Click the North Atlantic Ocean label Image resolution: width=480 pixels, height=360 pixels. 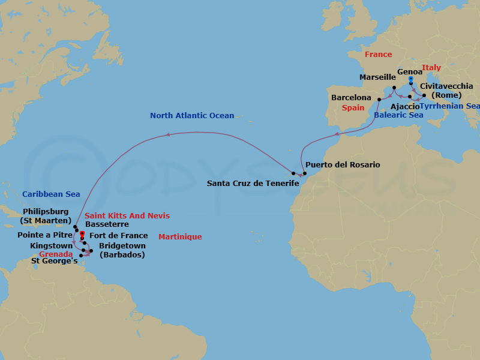[192, 116]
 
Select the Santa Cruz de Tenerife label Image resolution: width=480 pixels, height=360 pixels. [253, 183]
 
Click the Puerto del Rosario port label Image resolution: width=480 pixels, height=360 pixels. [343, 164]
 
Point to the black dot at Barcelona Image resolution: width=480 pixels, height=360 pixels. [379, 99]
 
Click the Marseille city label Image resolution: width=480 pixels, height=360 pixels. [377, 77]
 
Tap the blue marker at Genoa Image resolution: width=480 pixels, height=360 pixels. [410, 79]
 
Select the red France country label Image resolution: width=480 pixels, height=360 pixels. [379, 55]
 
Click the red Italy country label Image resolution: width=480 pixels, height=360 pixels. [431, 68]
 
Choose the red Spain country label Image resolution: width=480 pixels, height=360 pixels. [353, 109]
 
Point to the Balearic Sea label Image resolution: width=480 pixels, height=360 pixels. [398, 115]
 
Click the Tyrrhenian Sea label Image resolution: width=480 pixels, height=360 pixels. [449, 106]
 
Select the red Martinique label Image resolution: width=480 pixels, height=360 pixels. [180, 237]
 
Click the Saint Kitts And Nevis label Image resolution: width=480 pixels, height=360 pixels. [127, 216]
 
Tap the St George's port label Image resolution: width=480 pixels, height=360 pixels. [55, 261]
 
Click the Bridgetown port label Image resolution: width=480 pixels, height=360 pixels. [123, 245]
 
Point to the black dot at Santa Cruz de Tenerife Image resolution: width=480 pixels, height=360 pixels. [293, 172]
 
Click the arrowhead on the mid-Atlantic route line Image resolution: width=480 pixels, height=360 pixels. [167, 135]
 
